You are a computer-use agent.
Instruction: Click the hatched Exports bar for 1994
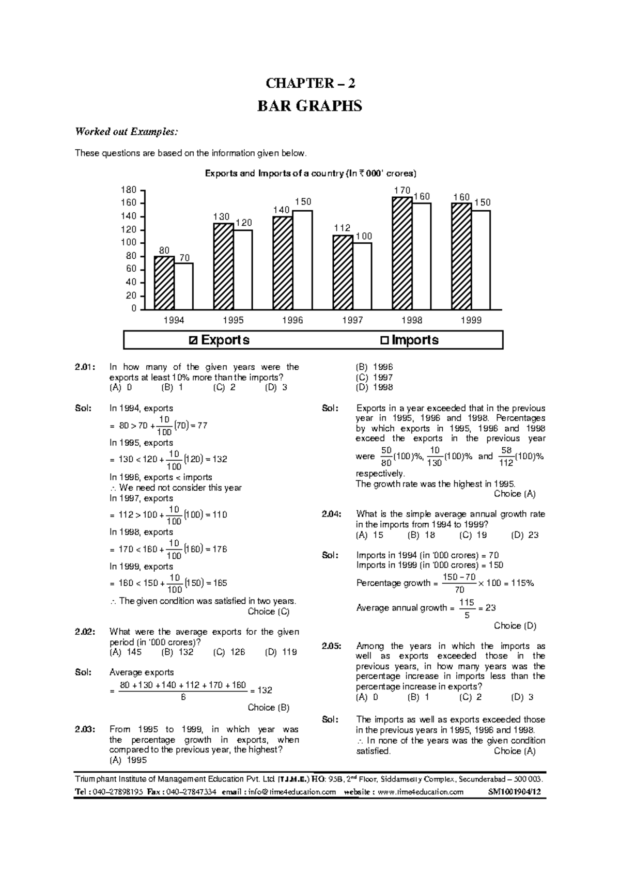164,283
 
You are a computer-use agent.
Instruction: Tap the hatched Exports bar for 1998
402,253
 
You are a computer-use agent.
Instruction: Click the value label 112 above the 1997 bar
342,228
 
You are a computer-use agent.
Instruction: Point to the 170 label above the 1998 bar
402,191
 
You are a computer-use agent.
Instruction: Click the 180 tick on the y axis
129,190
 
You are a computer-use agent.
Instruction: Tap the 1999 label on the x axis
471,320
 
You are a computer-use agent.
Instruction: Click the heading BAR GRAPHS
309,106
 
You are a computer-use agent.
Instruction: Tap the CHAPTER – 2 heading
309,83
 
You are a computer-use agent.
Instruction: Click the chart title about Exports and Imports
310,174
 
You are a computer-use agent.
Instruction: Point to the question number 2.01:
84,367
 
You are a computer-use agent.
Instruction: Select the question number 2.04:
331,514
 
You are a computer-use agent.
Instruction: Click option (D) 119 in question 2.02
281,652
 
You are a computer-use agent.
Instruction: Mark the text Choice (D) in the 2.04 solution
515,625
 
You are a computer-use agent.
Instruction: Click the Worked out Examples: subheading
127,132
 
